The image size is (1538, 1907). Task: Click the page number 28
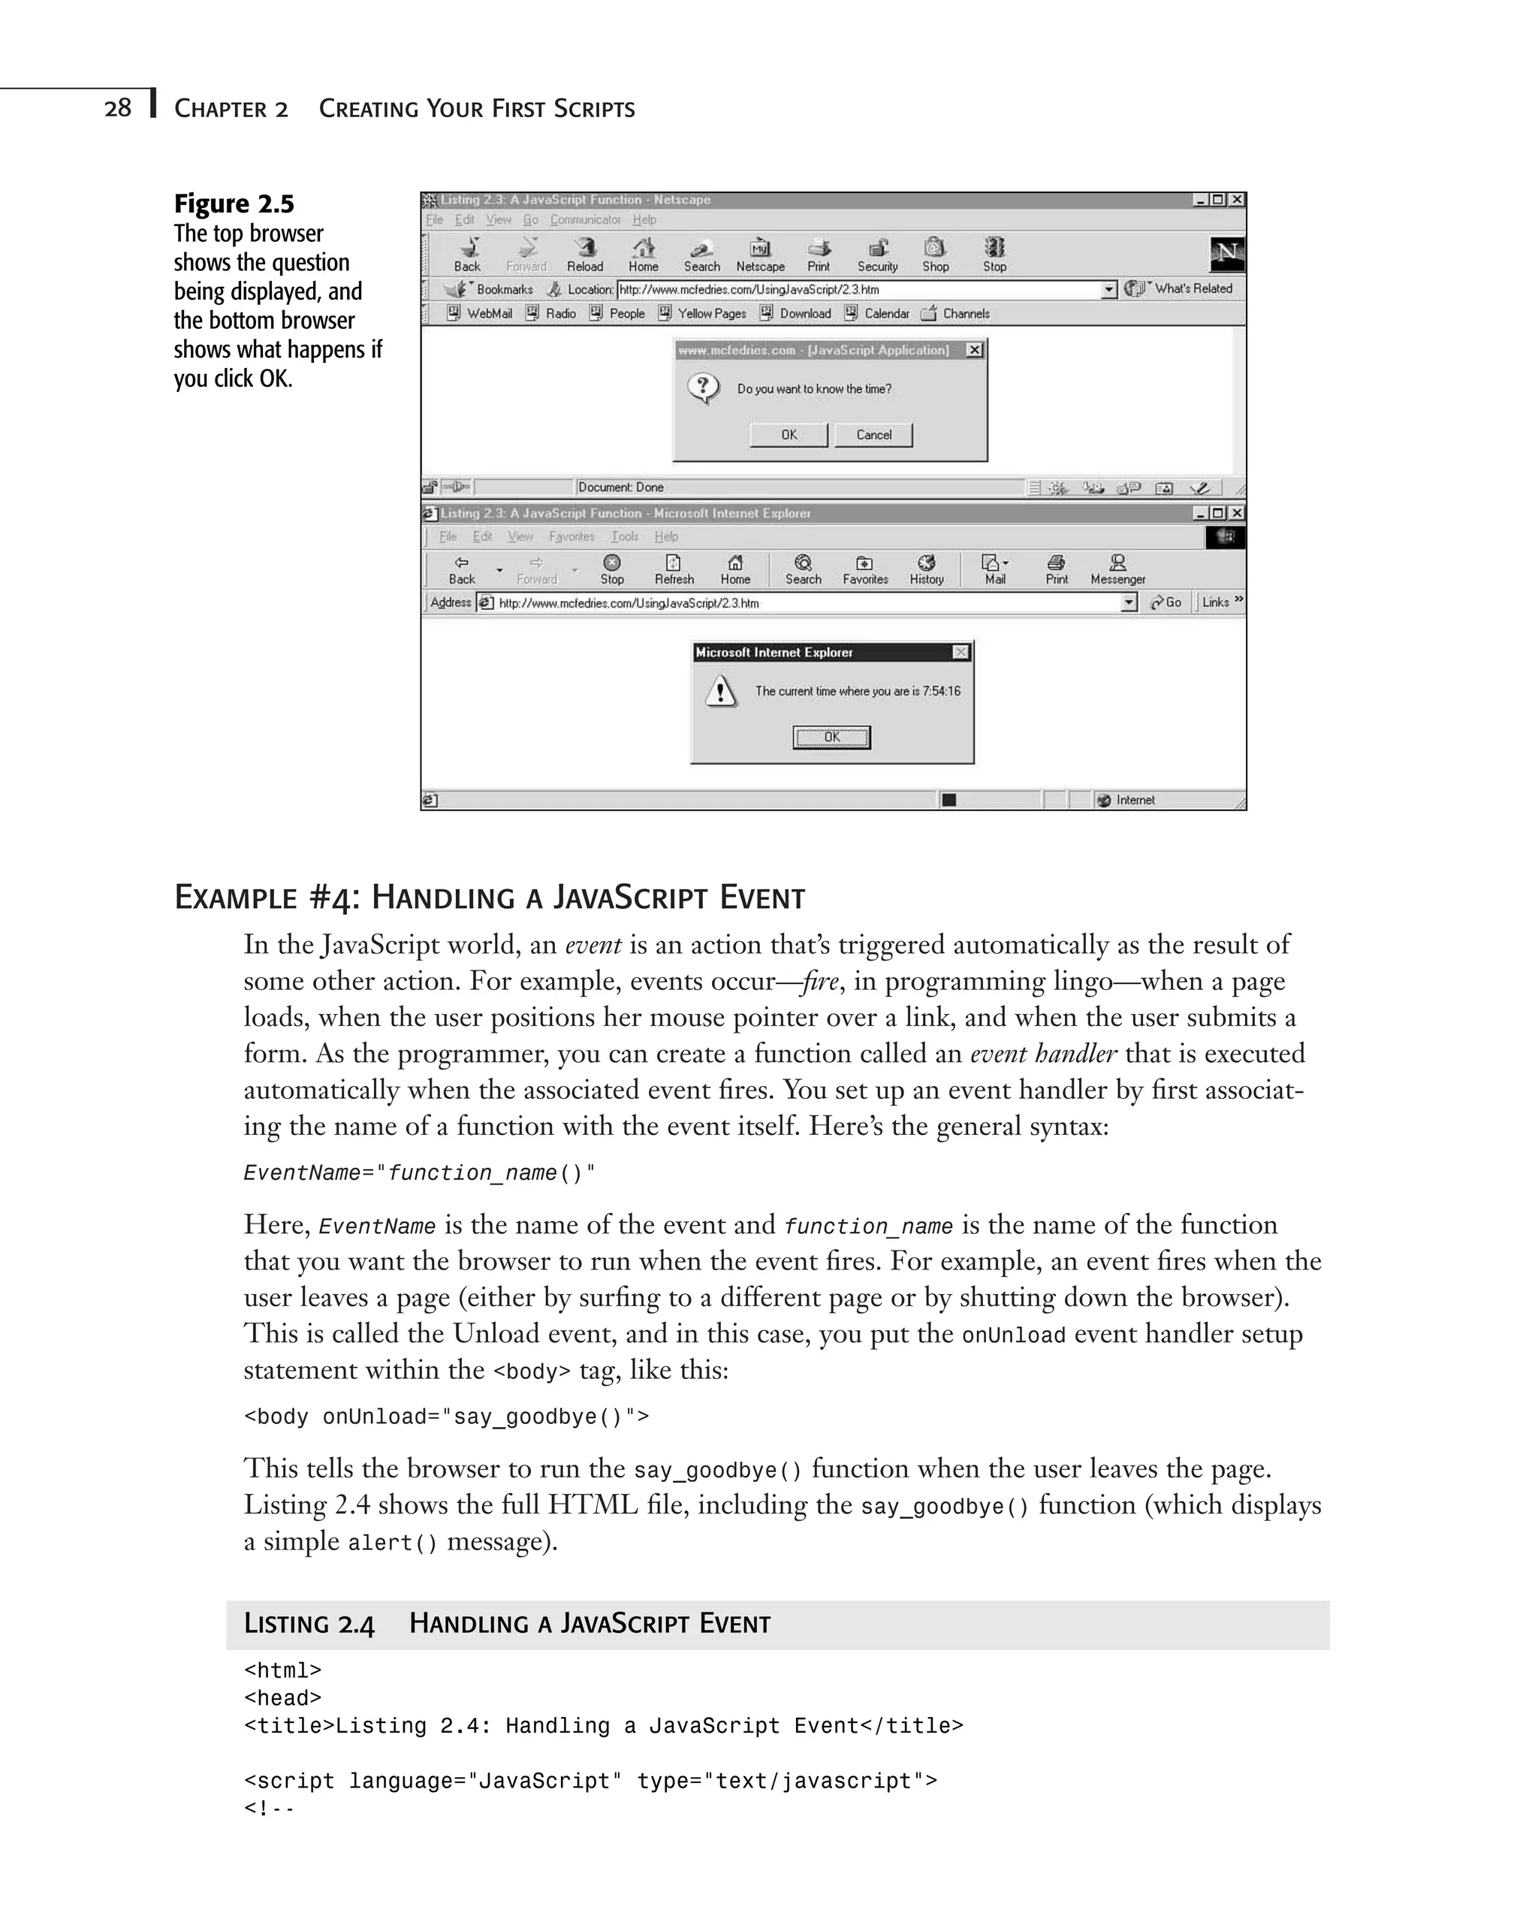click(x=117, y=108)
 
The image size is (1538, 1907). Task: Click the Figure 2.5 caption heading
click(x=234, y=204)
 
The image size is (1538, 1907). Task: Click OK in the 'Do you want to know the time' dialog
click(x=789, y=434)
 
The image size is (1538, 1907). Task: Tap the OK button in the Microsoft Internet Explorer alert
click(x=831, y=738)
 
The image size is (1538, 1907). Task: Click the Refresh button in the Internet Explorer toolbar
click(x=674, y=568)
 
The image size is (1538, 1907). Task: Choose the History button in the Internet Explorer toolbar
click(x=927, y=568)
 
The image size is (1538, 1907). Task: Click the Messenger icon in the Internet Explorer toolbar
click(x=1117, y=568)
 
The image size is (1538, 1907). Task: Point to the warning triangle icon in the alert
click(x=721, y=691)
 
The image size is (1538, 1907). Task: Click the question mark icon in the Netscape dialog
click(x=704, y=388)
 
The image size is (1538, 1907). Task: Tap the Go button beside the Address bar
click(x=1166, y=602)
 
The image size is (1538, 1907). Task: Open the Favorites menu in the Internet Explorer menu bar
click(x=571, y=536)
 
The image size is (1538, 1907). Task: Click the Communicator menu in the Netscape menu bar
click(x=585, y=220)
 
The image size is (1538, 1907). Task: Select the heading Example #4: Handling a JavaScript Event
click(x=489, y=898)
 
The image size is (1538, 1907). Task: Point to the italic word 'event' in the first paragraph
click(x=593, y=945)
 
